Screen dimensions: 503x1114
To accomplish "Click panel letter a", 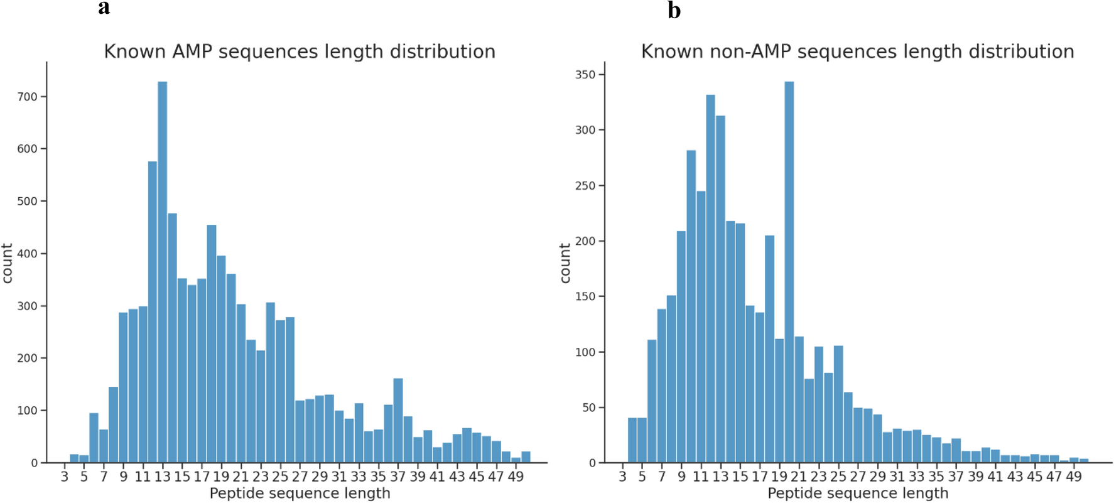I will (104, 8).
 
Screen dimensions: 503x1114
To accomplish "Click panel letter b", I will (674, 11).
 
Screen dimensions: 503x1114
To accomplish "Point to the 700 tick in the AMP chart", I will (28, 97).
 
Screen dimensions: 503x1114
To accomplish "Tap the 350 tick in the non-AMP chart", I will (585, 75).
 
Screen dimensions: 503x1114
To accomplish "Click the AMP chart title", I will (300, 51).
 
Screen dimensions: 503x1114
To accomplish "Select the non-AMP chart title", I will (857, 51).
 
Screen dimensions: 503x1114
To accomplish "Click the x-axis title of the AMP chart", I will (300, 494).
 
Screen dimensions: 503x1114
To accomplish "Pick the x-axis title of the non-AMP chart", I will (857, 494).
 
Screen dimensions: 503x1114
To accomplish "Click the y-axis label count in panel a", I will (8, 263).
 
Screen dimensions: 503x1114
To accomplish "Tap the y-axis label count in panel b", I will (565, 263).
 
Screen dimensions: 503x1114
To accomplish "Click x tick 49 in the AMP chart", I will (516, 477).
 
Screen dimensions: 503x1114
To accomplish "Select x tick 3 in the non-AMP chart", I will (622, 477).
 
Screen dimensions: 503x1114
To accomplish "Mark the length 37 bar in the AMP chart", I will (397, 421).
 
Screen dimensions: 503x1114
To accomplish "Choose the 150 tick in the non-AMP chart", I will (585, 296).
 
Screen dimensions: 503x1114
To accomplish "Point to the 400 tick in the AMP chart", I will (28, 254).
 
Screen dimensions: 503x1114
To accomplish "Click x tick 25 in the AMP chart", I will (280, 477).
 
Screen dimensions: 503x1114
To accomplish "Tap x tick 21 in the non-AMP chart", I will (799, 477).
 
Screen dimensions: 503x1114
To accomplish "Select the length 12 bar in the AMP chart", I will (153, 314).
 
